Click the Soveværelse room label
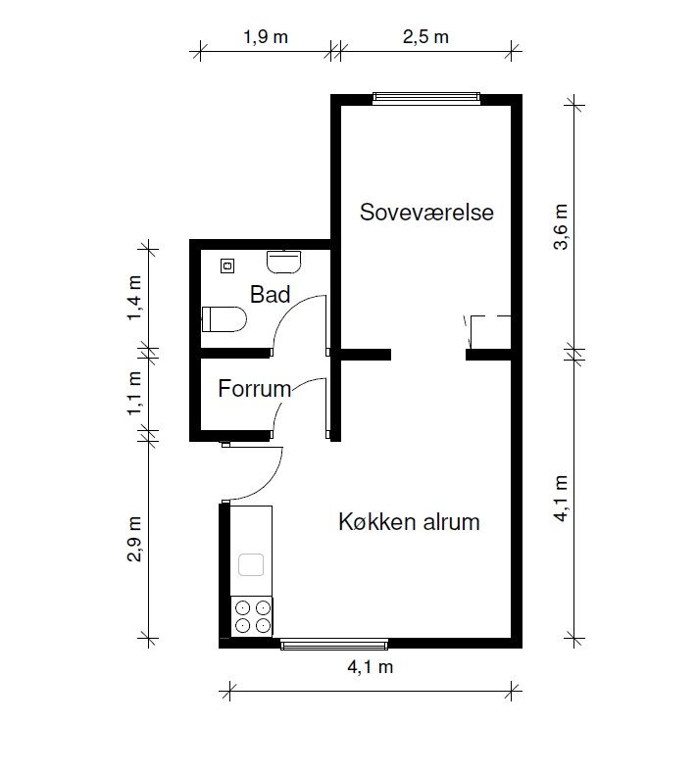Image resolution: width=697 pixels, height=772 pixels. (x=426, y=213)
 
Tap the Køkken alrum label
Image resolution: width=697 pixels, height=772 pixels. (x=409, y=522)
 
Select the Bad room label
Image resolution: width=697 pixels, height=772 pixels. (x=270, y=295)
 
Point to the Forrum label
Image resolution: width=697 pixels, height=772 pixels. (x=255, y=389)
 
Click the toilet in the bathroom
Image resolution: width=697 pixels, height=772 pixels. (x=224, y=319)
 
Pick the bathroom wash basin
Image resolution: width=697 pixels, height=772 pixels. (x=283, y=262)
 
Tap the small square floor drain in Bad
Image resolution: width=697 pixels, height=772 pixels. (x=227, y=265)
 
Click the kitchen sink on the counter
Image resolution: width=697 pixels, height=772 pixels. (x=251, y=564)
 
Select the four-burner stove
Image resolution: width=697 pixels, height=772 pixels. (x=252, y=616)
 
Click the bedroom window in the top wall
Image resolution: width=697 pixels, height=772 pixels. (x=426, y=99)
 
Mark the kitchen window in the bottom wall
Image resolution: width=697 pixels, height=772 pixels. (x=334, y=644)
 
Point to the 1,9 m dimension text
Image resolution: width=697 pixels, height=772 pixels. (x=266, y=37)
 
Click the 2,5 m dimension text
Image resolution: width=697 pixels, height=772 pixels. (x=425, y=37)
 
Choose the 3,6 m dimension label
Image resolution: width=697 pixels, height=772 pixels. (x=561, y=227)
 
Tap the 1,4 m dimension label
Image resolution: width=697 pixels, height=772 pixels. (x=134, y=298)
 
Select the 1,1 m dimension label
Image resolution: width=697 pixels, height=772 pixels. (x=134, y=393)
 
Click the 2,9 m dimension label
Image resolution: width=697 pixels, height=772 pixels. (x=134, y=539)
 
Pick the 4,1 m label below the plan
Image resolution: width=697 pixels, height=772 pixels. (x=371, y=667)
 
